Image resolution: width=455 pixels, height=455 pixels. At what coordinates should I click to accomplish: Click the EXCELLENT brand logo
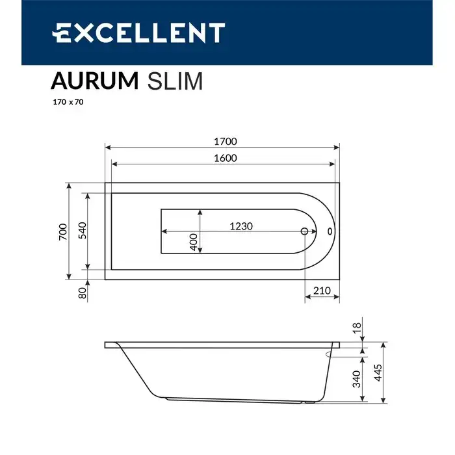click(138, 32)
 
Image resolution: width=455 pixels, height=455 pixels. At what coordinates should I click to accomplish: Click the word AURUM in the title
click(94, 81)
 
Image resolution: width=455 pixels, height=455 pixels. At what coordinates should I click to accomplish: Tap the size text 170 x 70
click(67, 102)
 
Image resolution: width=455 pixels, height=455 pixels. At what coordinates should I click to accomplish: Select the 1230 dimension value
click(240, 226)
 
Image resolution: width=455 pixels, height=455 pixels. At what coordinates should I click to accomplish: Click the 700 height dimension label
click(62, 231)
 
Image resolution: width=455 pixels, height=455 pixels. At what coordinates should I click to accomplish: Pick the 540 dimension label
click(83, 231)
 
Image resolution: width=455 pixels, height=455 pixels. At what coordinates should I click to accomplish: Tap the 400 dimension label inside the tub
click(192, 242)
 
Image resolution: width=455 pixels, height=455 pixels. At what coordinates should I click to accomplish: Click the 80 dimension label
click(83, 292)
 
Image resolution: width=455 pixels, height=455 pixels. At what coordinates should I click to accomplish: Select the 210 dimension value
click(322, 291)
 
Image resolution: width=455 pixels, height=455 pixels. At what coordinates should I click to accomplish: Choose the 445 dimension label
click(378, 373)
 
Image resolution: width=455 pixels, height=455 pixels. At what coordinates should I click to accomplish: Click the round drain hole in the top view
click(304, 231)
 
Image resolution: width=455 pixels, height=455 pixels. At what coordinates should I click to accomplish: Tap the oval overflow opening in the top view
click(329, 231)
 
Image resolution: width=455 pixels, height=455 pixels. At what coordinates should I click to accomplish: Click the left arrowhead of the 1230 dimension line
click(164, 231)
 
